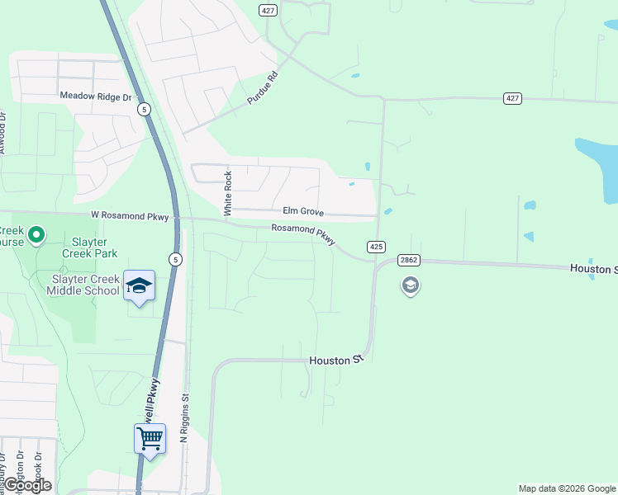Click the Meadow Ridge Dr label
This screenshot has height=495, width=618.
(x=96, y=97)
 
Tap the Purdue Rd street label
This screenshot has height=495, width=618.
(x=264, y=87)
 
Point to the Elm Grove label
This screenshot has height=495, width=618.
(x=303, y=211)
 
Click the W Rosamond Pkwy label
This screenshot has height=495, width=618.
(x=130, y=217)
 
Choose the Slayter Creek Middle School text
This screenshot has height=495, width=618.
(x=83, y=285)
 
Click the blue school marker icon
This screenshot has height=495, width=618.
(x=139, y=285)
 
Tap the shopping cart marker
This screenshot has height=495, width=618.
(x=150, y=438)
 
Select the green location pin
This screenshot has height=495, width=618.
(x=36, y=236)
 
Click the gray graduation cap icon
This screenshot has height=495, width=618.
(x=410, y=286)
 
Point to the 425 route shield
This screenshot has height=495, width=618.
(x=376, y=247)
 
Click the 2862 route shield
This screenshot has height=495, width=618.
(x=408, y=259)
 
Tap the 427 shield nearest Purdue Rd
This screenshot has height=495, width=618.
(x=267, y=10)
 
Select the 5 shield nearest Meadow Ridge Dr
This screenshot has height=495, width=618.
(x=145, y=109)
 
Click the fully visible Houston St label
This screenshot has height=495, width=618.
(x=336, y=361)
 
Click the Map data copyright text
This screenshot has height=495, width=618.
(x=567, y=488)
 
